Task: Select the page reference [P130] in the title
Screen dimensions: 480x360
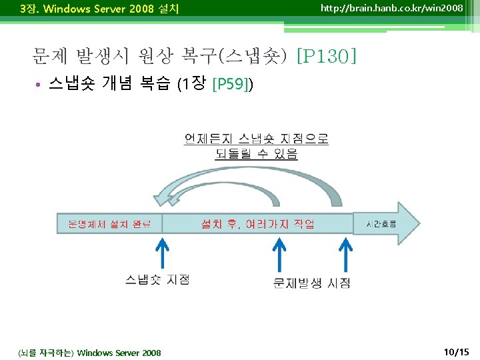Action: point(326,55)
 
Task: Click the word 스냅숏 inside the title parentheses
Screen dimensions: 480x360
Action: point(259,55)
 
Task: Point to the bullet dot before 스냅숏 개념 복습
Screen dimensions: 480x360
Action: point(40,85)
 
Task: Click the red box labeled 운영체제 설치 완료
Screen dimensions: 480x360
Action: point(110,223)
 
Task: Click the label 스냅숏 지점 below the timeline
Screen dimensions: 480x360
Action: point(157,279)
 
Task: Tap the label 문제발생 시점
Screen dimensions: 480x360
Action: point(311,283)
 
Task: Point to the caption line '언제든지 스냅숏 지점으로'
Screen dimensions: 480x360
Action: point(256,139)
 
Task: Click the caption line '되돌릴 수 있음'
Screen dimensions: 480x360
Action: point(256,154)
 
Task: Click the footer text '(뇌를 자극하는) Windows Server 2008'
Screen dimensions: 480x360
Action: point(90,352)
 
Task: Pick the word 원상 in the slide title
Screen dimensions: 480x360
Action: point(154,55)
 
